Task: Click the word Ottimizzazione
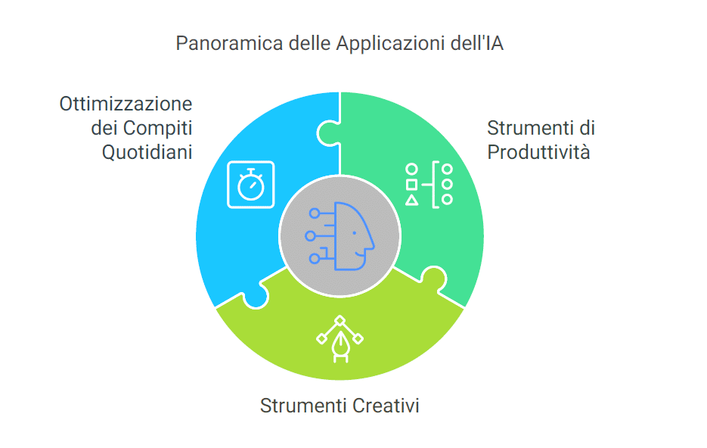126,104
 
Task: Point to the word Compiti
158,129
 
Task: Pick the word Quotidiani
147,152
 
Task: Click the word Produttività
539,152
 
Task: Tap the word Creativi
386,406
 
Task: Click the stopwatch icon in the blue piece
251,185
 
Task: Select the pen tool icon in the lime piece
340,339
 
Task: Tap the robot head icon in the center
340,236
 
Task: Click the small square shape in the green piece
411,185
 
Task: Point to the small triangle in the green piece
411,201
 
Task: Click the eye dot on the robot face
355,233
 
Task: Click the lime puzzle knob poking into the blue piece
256,296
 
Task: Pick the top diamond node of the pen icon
340,320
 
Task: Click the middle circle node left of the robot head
310,236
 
